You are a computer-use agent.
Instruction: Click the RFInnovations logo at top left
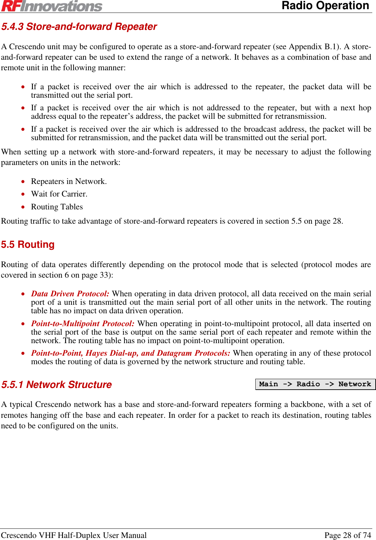pyautogui.click(x=52, y=6)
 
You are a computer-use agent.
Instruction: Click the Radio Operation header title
pyautogui.click(x=325, y=6)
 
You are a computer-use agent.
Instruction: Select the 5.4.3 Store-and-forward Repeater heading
pyautogui.click(x=79, y=26)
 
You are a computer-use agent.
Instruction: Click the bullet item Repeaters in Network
pyautogui.click(x=69, y=181)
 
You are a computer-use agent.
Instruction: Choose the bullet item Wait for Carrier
pyautogui.click(x=59, y=194)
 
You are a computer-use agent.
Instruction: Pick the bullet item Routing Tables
pyautogui.click(x=57, y=207)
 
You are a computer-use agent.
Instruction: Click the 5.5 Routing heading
pyautogui.click(x=28, y=244)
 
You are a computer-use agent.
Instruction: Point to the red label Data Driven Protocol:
pyautogui.click(x=70, y=294)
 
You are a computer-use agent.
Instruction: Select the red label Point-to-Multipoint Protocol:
pyautogui.click(x=83, y=323)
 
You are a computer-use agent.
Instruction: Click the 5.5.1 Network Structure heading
pyautogui.click(x=57, y=385)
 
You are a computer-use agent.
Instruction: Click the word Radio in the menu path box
pyautogui.click(x=308, y=384)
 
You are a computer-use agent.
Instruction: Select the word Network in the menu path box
pyautogui.click(x=355, y=384)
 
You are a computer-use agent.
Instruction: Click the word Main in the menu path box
pyautogui.click(x=269, y=384)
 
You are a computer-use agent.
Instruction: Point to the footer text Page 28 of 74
pyautogui.click(x=348, y=535)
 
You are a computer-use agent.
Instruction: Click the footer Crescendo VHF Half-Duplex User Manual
pyautogui.click(x=74, y=535)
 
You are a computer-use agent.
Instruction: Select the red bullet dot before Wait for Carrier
pyautogui.click(x=23, y=194)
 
